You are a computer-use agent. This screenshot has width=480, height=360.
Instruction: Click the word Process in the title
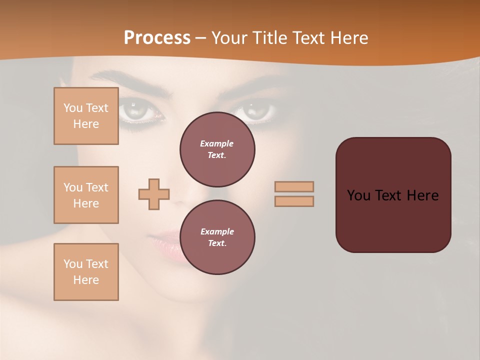[157, 38]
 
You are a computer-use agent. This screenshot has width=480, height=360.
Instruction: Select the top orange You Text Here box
[86, 116]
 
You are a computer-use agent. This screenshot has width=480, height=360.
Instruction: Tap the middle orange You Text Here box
[86, 195]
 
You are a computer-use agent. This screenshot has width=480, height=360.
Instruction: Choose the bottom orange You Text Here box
[86, 272]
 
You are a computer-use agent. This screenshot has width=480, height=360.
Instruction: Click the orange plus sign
[154, 194]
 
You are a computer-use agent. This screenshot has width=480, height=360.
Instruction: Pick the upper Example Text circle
[217, 149]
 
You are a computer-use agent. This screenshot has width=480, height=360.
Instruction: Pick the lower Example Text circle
[217, 237]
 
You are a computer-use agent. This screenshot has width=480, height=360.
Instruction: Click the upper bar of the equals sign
[294, 187]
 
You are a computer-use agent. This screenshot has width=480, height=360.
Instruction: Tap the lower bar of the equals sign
[294, 201]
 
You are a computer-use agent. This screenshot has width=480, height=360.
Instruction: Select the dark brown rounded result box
[393, 220]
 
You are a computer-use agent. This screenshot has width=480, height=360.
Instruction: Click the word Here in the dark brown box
[422, 195]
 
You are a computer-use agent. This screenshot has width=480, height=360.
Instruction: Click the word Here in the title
[349, 38]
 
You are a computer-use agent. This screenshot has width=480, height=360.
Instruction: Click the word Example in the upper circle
[216, 143]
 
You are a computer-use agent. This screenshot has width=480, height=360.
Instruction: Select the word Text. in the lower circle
[217, 243]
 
